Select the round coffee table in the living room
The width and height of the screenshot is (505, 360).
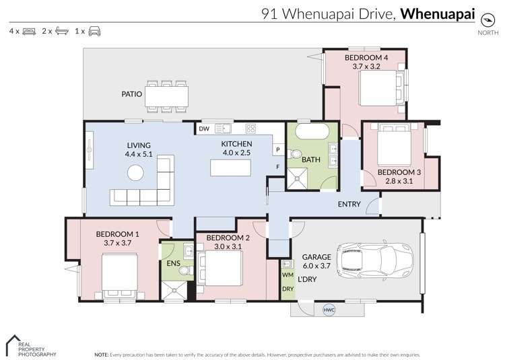[137, 173]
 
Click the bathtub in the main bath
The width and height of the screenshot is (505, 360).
[308, 131]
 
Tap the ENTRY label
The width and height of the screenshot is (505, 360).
[349, 205]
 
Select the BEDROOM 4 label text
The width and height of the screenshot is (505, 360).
[366, 58]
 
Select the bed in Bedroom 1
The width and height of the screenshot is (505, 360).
[121, 274]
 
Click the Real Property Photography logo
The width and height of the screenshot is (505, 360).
[30, 345]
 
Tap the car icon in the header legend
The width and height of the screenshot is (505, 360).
[94, 31]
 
